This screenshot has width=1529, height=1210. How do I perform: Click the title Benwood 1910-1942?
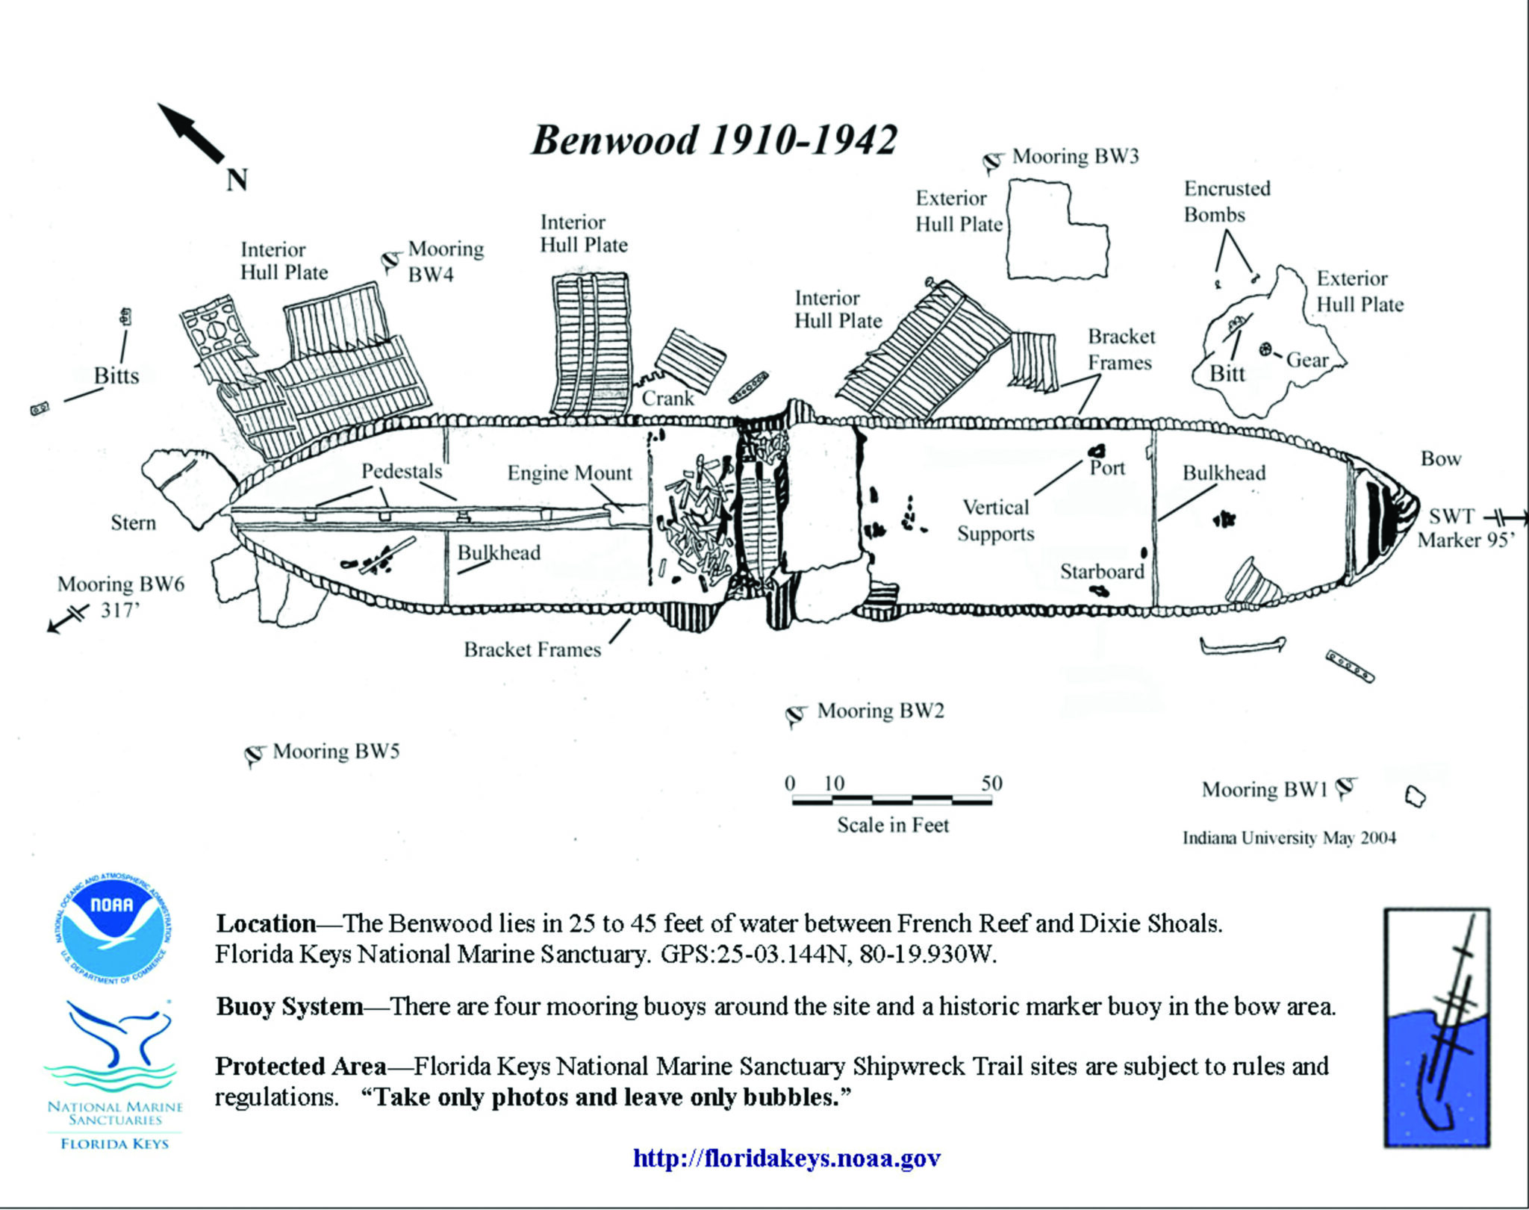(713, 140)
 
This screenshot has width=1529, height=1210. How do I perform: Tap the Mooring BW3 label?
(1075, 157)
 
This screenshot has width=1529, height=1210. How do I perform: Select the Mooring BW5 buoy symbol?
(255, 755)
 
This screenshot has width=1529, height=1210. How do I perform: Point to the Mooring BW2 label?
(880, 711)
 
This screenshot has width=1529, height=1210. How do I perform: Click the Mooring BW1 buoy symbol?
(1345, 788)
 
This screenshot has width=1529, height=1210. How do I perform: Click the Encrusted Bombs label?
(1226, 202)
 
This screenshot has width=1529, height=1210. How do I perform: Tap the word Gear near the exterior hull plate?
(1307, 361)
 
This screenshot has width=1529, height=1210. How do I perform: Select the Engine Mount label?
(569, 473)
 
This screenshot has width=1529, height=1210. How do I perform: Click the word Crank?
(667, 399)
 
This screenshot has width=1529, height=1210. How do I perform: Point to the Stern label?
(133, 523)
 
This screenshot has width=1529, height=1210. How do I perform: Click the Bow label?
(1440, 459)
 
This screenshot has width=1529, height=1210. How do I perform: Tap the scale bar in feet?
(892, 801)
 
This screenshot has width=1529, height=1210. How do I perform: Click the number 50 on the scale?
(991, 783)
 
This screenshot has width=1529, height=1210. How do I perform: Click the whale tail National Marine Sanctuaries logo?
(114, 1045)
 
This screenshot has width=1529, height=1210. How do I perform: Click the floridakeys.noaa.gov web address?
(786, 1158)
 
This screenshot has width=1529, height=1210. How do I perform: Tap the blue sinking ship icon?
(1436, 1027)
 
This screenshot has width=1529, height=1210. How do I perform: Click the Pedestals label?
(402, 472)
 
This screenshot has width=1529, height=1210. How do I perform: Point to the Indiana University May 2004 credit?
(1289, 838)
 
